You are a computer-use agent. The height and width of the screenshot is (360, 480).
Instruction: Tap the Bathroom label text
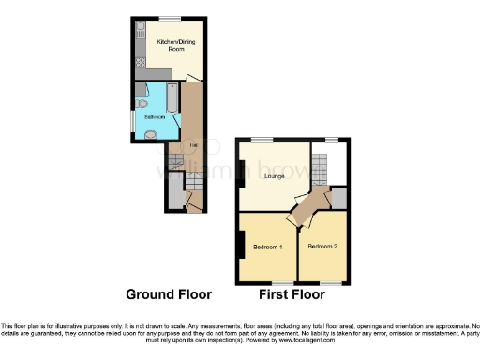(154, 117)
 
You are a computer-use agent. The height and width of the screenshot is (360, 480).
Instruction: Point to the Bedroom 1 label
(268, 247)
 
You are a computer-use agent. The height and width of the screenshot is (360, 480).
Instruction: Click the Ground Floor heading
(169, 293)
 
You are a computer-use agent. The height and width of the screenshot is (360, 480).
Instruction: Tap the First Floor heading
(292, 293)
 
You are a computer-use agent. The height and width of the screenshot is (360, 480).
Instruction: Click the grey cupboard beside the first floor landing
(339, 198)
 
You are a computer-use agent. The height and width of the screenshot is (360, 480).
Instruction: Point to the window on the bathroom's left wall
(132, 121)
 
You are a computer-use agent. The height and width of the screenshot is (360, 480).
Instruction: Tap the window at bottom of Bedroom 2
(327, 282)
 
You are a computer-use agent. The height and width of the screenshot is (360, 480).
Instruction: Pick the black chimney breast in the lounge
(240, 173)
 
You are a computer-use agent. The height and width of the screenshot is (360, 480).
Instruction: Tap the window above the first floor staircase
(331, 140)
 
